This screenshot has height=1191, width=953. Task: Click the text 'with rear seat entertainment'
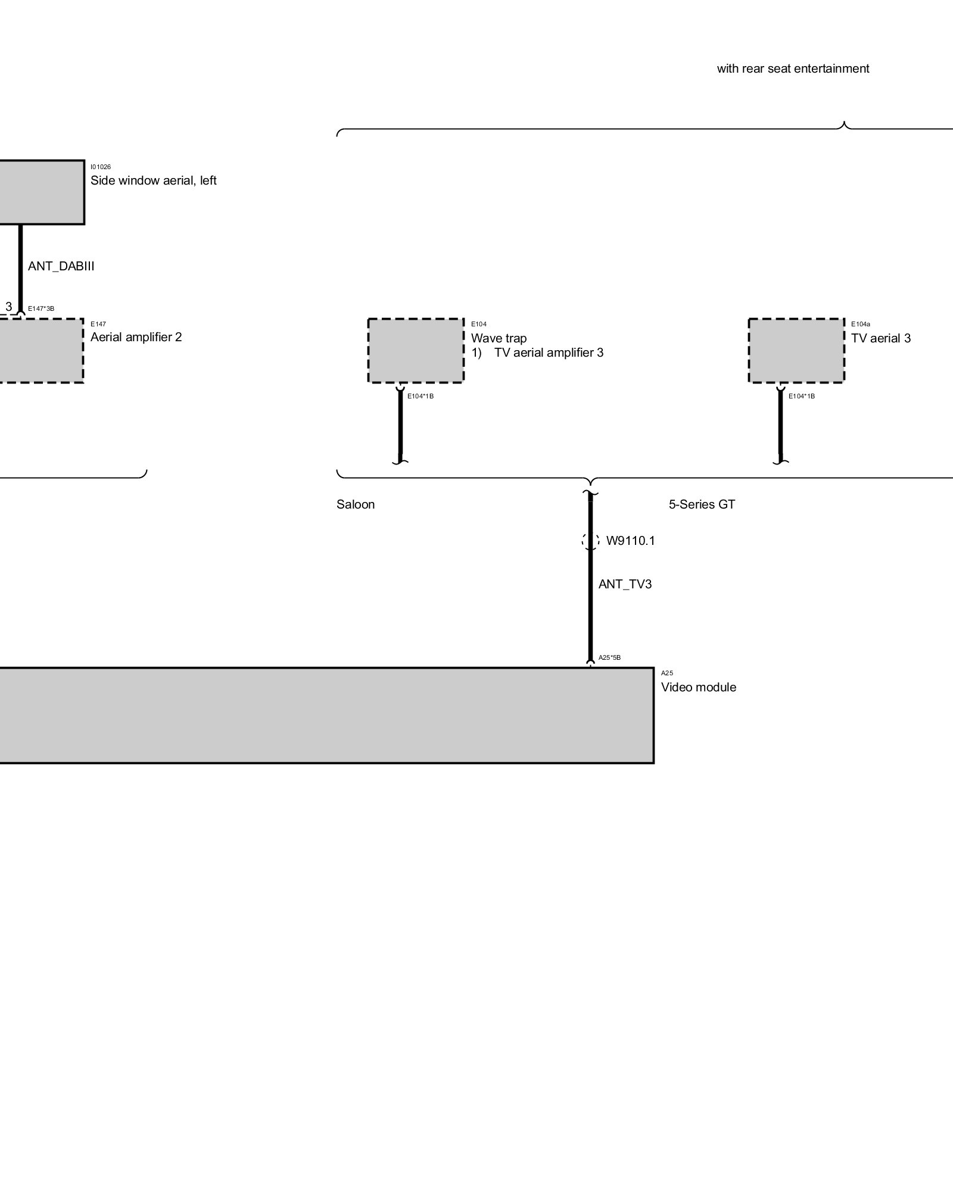pyautogui.click(x=793, y=68)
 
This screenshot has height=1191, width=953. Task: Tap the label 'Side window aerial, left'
pyautogui.click(x=153, y=180)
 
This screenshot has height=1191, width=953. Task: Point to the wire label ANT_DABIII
pyautogui.click(x=61, y=266)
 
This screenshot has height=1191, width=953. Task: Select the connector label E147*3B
pyautogui.click(x=41, y=308)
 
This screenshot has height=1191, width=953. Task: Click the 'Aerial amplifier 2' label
pyautogui.click(x=136, y=337)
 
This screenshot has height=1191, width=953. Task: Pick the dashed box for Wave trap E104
pyautogui.click(x=416, y=351)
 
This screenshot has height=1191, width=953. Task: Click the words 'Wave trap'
pyautogui.click(x=499, y=338)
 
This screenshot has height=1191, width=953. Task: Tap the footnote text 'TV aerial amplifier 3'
pyautogui.click(x=549, y=353)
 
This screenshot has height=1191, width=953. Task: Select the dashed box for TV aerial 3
pyautogui.click(x=796, y=351)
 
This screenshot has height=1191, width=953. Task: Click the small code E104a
pyautogui.click(x=860, y=325)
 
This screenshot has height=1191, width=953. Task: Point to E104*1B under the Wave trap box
pyautogui.click(x=421, y=396)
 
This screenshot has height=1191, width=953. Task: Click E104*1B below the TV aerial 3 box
pyautogui.click(x=802, y=396)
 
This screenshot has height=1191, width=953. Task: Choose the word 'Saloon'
pyautogui.click(x=356, y=504)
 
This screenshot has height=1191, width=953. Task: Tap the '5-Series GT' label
pyautogui.click(x=702, y=504)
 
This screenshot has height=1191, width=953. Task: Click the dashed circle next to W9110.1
pyautogui.click(x=590, y=541)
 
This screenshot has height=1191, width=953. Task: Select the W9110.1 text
pyautogui.click(x=630, y=541)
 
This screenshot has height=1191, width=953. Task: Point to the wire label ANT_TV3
pyautogui.click(x=625, y=584)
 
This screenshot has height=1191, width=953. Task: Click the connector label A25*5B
pyautogui.click(x=609, y=658)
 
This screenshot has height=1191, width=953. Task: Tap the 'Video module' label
pyautogui.click(x=698, y=687)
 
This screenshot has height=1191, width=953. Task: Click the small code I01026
pyautogui.click(x=101, y=167)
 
